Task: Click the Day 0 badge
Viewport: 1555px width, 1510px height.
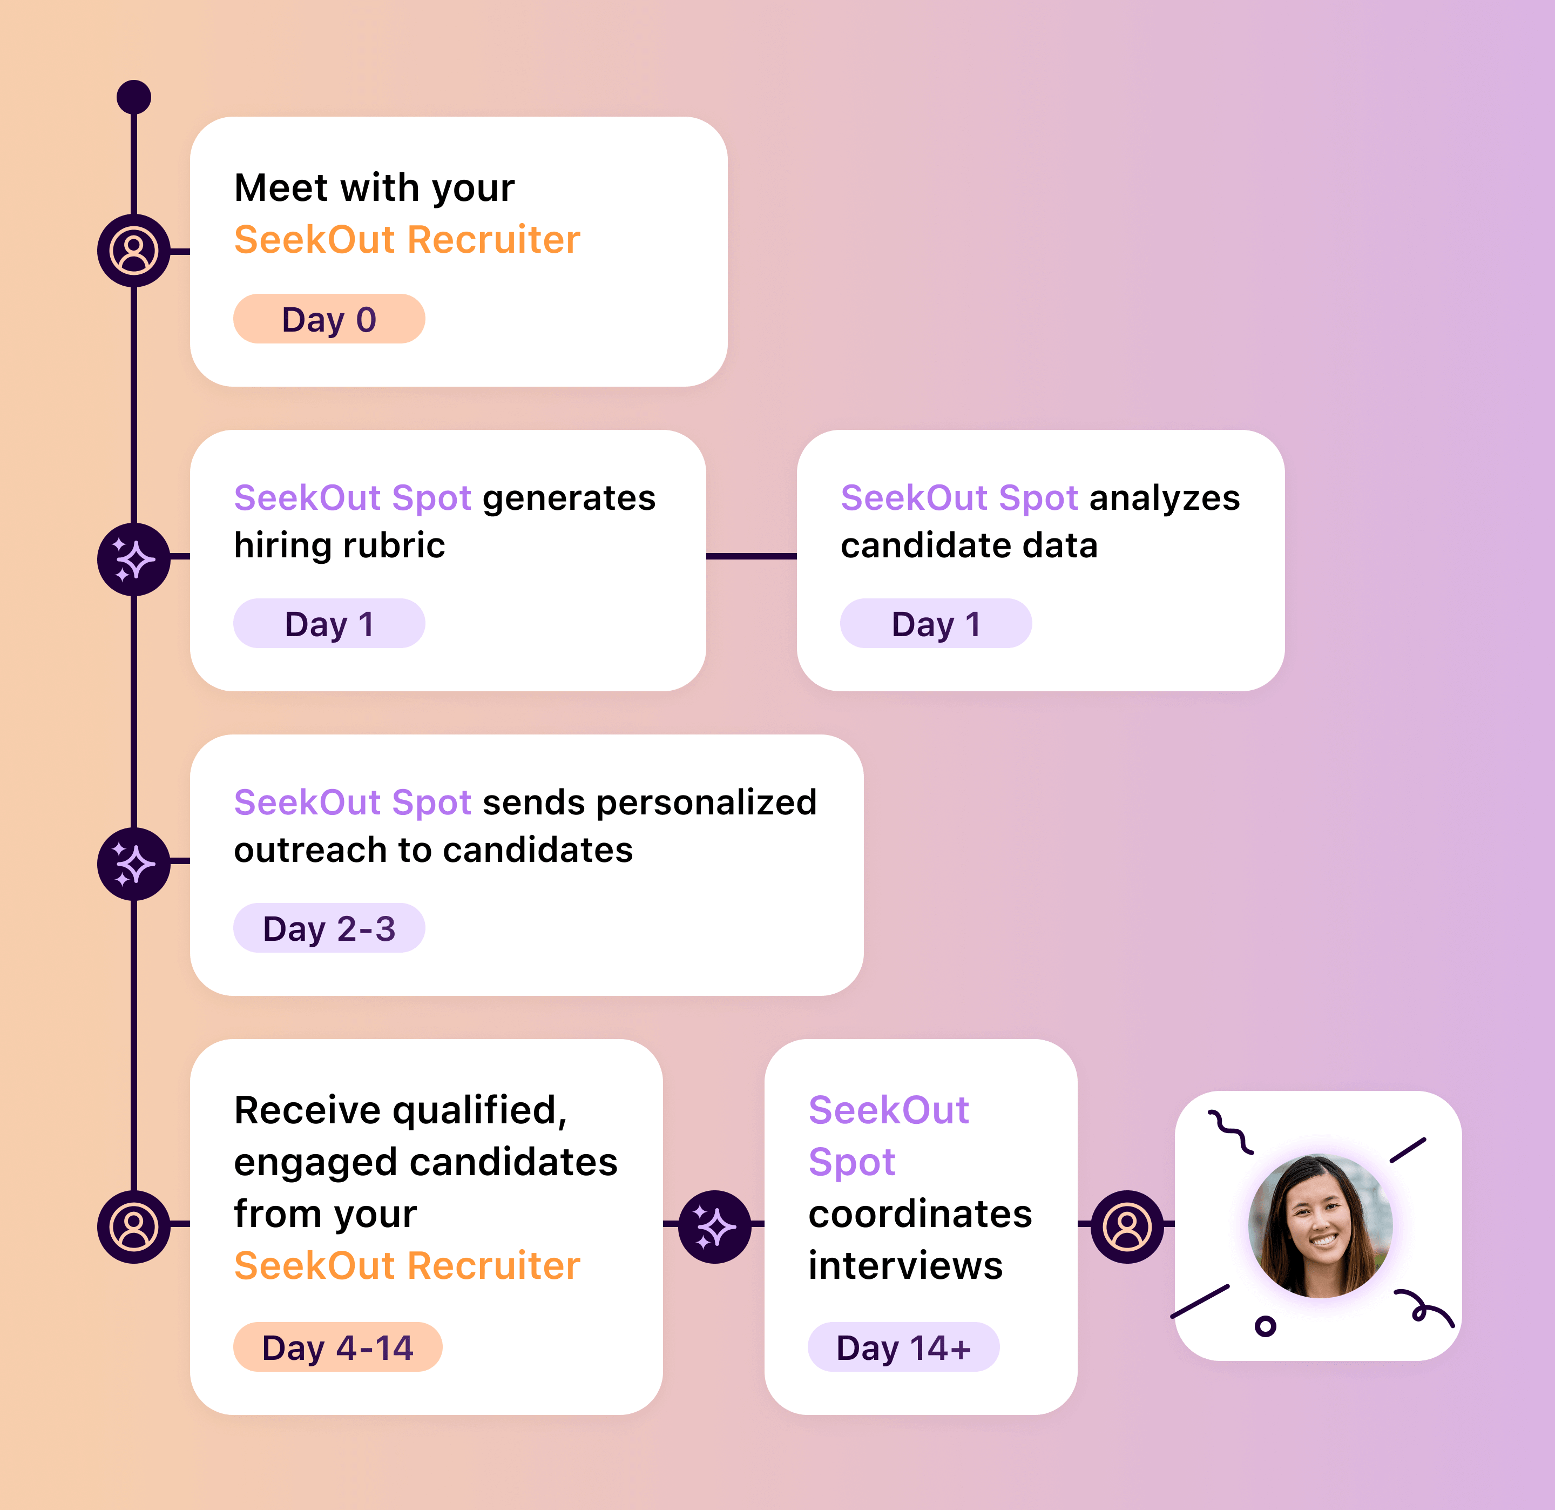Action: [x=328, y=319]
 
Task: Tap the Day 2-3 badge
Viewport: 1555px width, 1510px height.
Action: [x=328, y=928]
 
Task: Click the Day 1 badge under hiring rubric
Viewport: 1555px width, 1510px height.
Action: [x=328, y=624]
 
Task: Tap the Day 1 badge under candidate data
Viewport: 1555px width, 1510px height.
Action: [x=935, y=624]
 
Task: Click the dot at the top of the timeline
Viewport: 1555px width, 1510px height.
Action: [x=133, y=97]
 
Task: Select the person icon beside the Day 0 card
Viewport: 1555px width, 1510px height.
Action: [x=133, y=251]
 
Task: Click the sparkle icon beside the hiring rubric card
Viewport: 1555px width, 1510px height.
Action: [x=133, y=559]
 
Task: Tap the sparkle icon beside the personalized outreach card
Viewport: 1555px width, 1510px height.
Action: [x=133, y=864]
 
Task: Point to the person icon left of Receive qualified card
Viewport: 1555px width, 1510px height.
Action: [x=133, y=1226]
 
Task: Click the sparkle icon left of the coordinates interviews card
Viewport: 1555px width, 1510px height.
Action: [x=715, y=1226]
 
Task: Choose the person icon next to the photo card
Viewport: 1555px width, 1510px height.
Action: [x=1127, y=1226]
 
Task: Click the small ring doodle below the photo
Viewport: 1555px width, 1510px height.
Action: [x=1266, y=1325]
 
